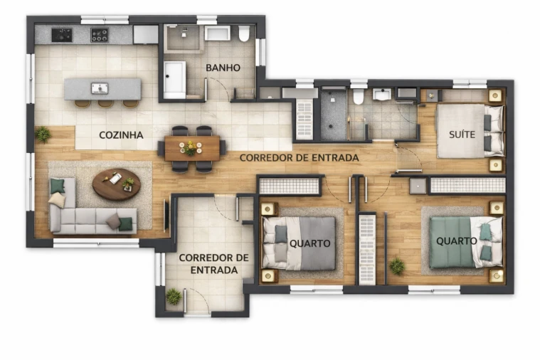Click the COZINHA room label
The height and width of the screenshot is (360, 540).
(x=121, y=134)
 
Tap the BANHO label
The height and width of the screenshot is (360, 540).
(x=223, y=68)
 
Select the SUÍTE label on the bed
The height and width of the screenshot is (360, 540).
(x=462, y=134)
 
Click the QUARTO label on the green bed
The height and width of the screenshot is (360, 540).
(x=457, y=241)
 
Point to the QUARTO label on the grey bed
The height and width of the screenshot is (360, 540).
(x=309, y=243)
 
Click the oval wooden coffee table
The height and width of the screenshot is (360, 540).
(x=116, y=184)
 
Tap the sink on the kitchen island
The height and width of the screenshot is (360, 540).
(x=100, y=88)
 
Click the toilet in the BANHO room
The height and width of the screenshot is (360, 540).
(x=244, y=33)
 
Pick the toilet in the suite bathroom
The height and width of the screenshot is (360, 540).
(x=359, y=97)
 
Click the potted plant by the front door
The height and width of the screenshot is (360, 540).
(x=174, y=296)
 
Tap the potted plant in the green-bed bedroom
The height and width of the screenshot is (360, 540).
(x=397, y=266)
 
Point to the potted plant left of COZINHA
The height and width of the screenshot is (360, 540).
(x=43, y=134)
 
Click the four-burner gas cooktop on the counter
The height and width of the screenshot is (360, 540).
(x=100, y=35)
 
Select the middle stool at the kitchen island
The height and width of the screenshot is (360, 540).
(x=106, y=104)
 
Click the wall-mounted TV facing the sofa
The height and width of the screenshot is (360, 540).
(x=166, y=215)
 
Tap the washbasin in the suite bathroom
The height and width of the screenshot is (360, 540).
(x=382, y=95)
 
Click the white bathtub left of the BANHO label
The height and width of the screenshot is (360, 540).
(x=174, y=79)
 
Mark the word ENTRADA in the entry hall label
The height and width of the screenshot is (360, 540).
(x=214, y=270)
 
